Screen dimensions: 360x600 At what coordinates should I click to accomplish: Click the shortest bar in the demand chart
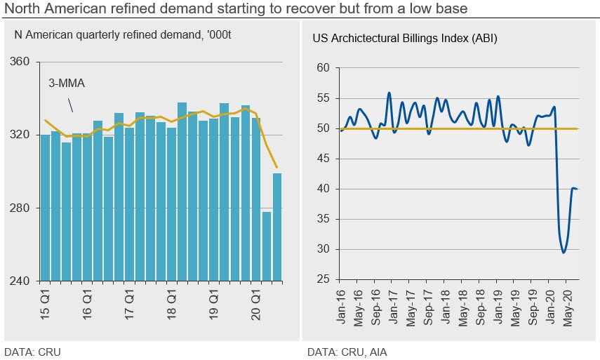(266, 246)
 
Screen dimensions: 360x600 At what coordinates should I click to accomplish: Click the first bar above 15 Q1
(45, 207)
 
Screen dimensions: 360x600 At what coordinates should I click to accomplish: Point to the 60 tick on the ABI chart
(323, 68)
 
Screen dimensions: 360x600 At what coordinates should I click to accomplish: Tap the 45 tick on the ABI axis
(323, 159)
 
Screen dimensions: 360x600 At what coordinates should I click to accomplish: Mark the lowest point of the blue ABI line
(564, 253)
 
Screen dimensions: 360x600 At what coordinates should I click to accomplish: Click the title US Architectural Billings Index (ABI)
(405, 39)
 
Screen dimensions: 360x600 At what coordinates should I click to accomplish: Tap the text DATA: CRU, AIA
(347, 351)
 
